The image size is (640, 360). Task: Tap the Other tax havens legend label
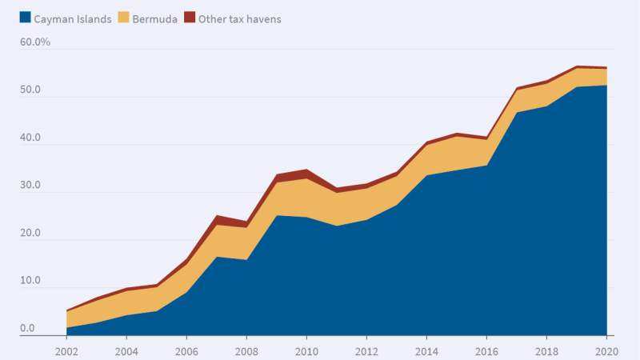point(239,18)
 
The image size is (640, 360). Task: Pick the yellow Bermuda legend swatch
point(123,18)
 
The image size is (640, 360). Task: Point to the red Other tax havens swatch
point(190,18)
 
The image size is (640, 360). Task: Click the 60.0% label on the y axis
point(35,42)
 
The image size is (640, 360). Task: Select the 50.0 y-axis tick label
point(30,90)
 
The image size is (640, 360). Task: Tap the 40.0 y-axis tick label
point(30,138)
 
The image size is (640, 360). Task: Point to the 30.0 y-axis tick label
point(30,185)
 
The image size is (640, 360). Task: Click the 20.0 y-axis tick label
point(30,233)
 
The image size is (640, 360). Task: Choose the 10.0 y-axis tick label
point(30,281)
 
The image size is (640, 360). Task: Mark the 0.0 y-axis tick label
point(27,328)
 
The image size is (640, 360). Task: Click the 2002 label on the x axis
point(66,350)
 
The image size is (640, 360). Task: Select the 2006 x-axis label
point(186,350)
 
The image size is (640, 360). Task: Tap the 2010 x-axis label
point(306,350)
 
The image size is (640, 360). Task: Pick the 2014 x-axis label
point(426,350)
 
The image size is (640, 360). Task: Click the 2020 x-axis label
point(606,350)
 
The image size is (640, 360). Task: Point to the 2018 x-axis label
point(546,350)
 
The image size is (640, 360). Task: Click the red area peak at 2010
point(306,174)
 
